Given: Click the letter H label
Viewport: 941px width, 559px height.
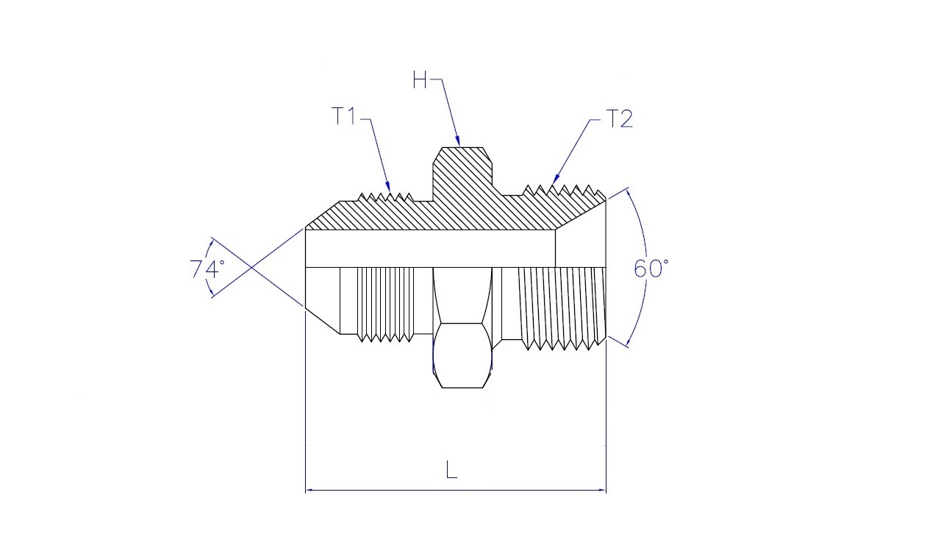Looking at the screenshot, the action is [x=420, y=80].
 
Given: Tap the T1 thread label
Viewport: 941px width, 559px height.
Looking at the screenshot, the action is [x=343, y=116].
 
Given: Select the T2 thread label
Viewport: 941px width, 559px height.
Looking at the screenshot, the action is [x=620, y=118].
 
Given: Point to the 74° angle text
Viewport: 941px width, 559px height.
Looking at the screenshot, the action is [x=207, y=269].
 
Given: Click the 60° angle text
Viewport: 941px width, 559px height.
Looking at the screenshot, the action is [x=651, y=269].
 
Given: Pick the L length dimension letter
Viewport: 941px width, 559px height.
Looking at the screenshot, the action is [x=451, y=469].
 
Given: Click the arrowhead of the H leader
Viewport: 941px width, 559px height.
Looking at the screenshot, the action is [x=459, y=142].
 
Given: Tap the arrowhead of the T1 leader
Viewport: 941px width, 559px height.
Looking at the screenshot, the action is [x=389, y=188].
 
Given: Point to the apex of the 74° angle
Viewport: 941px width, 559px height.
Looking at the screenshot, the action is [x=251, y=267].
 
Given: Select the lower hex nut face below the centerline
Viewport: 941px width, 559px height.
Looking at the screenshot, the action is [x=462, y=355].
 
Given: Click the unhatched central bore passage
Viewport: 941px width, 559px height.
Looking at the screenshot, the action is [x=430, y=249].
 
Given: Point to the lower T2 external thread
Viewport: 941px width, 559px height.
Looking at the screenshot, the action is [x=562, y=309].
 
